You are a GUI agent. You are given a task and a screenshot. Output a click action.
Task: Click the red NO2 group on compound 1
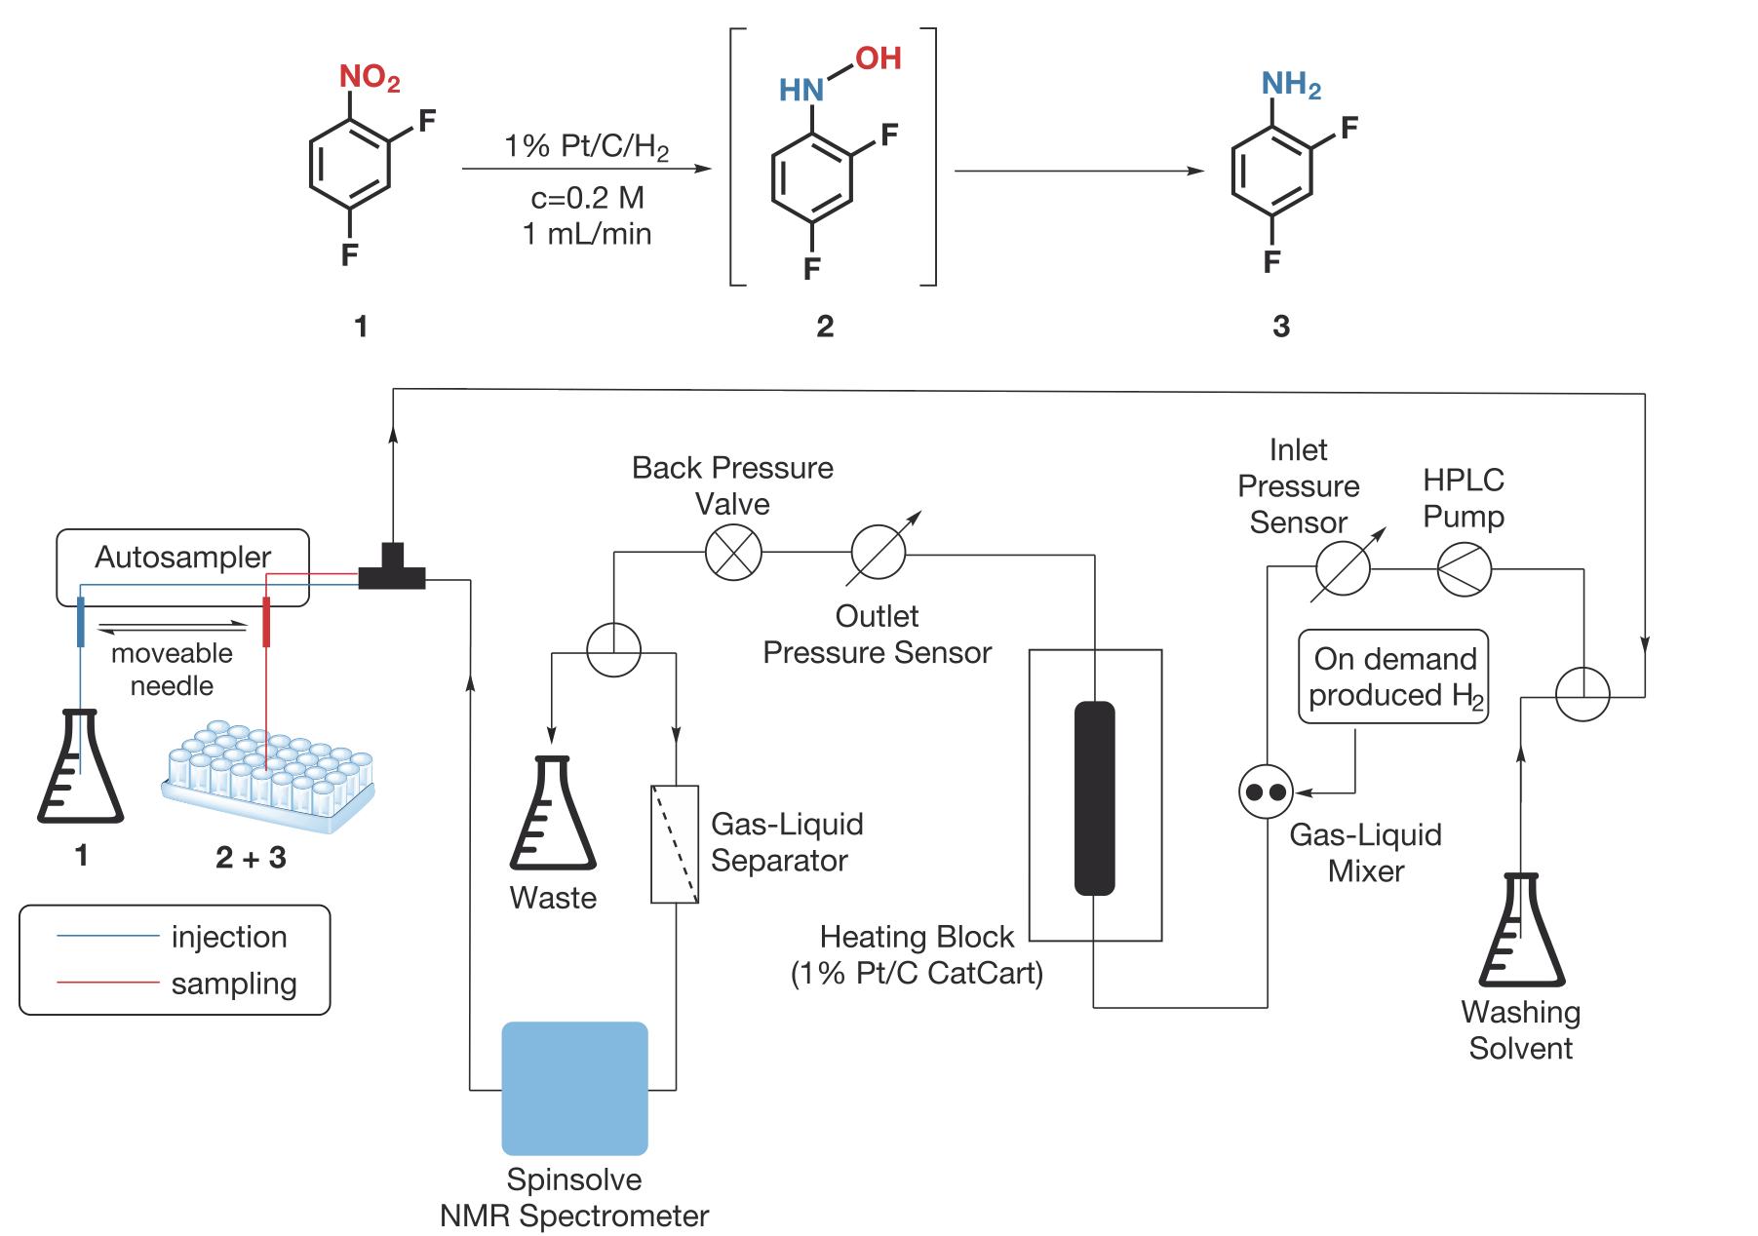(369, 77)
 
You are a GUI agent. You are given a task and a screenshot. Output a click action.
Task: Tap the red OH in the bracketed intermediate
(879, 58)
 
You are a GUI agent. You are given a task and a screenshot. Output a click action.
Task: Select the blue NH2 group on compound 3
(1290, 85)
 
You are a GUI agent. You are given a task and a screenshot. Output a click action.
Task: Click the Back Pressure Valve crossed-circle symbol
(733, 552)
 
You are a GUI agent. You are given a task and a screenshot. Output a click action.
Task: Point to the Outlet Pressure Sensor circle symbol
(878, 552)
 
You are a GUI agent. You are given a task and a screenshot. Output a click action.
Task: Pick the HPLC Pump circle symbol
(1464, 568)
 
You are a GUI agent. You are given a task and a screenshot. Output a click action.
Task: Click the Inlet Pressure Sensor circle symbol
(1343, 568)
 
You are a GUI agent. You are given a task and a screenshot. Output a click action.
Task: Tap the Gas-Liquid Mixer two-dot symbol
(1266, 792)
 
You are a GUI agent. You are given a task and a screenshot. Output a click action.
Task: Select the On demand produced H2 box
(1393, 676)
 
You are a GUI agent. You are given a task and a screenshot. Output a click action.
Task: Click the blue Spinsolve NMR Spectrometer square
(574, 1088)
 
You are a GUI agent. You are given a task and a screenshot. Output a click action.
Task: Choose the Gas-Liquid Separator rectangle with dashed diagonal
(675, 844)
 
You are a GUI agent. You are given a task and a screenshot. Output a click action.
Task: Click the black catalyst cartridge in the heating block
(1094, 797)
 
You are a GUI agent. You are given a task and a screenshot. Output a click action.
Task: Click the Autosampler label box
(182, 558)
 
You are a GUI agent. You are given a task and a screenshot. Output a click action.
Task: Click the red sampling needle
(266, 622)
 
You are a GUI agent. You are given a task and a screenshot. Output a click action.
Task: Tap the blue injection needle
(81, 622)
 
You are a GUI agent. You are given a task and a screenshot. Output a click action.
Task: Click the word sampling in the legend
(233, 984)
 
